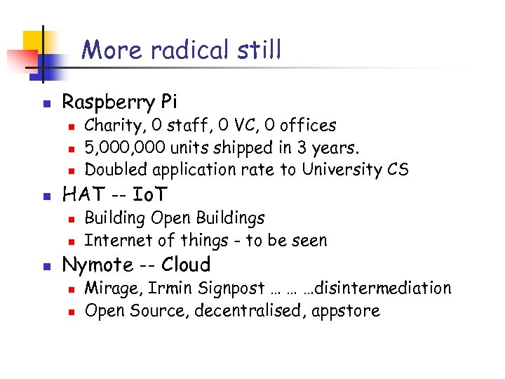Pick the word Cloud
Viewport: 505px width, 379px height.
click(186, 265)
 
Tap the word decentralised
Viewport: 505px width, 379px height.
click(247, 310)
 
